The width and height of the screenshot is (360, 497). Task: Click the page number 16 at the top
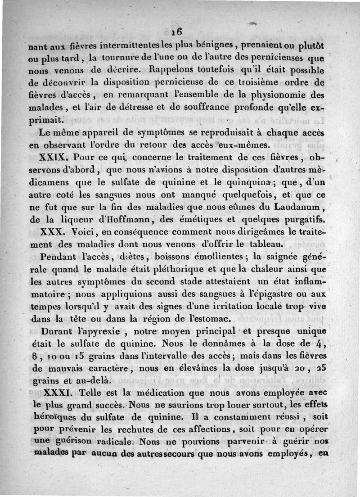tap(176, 32)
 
